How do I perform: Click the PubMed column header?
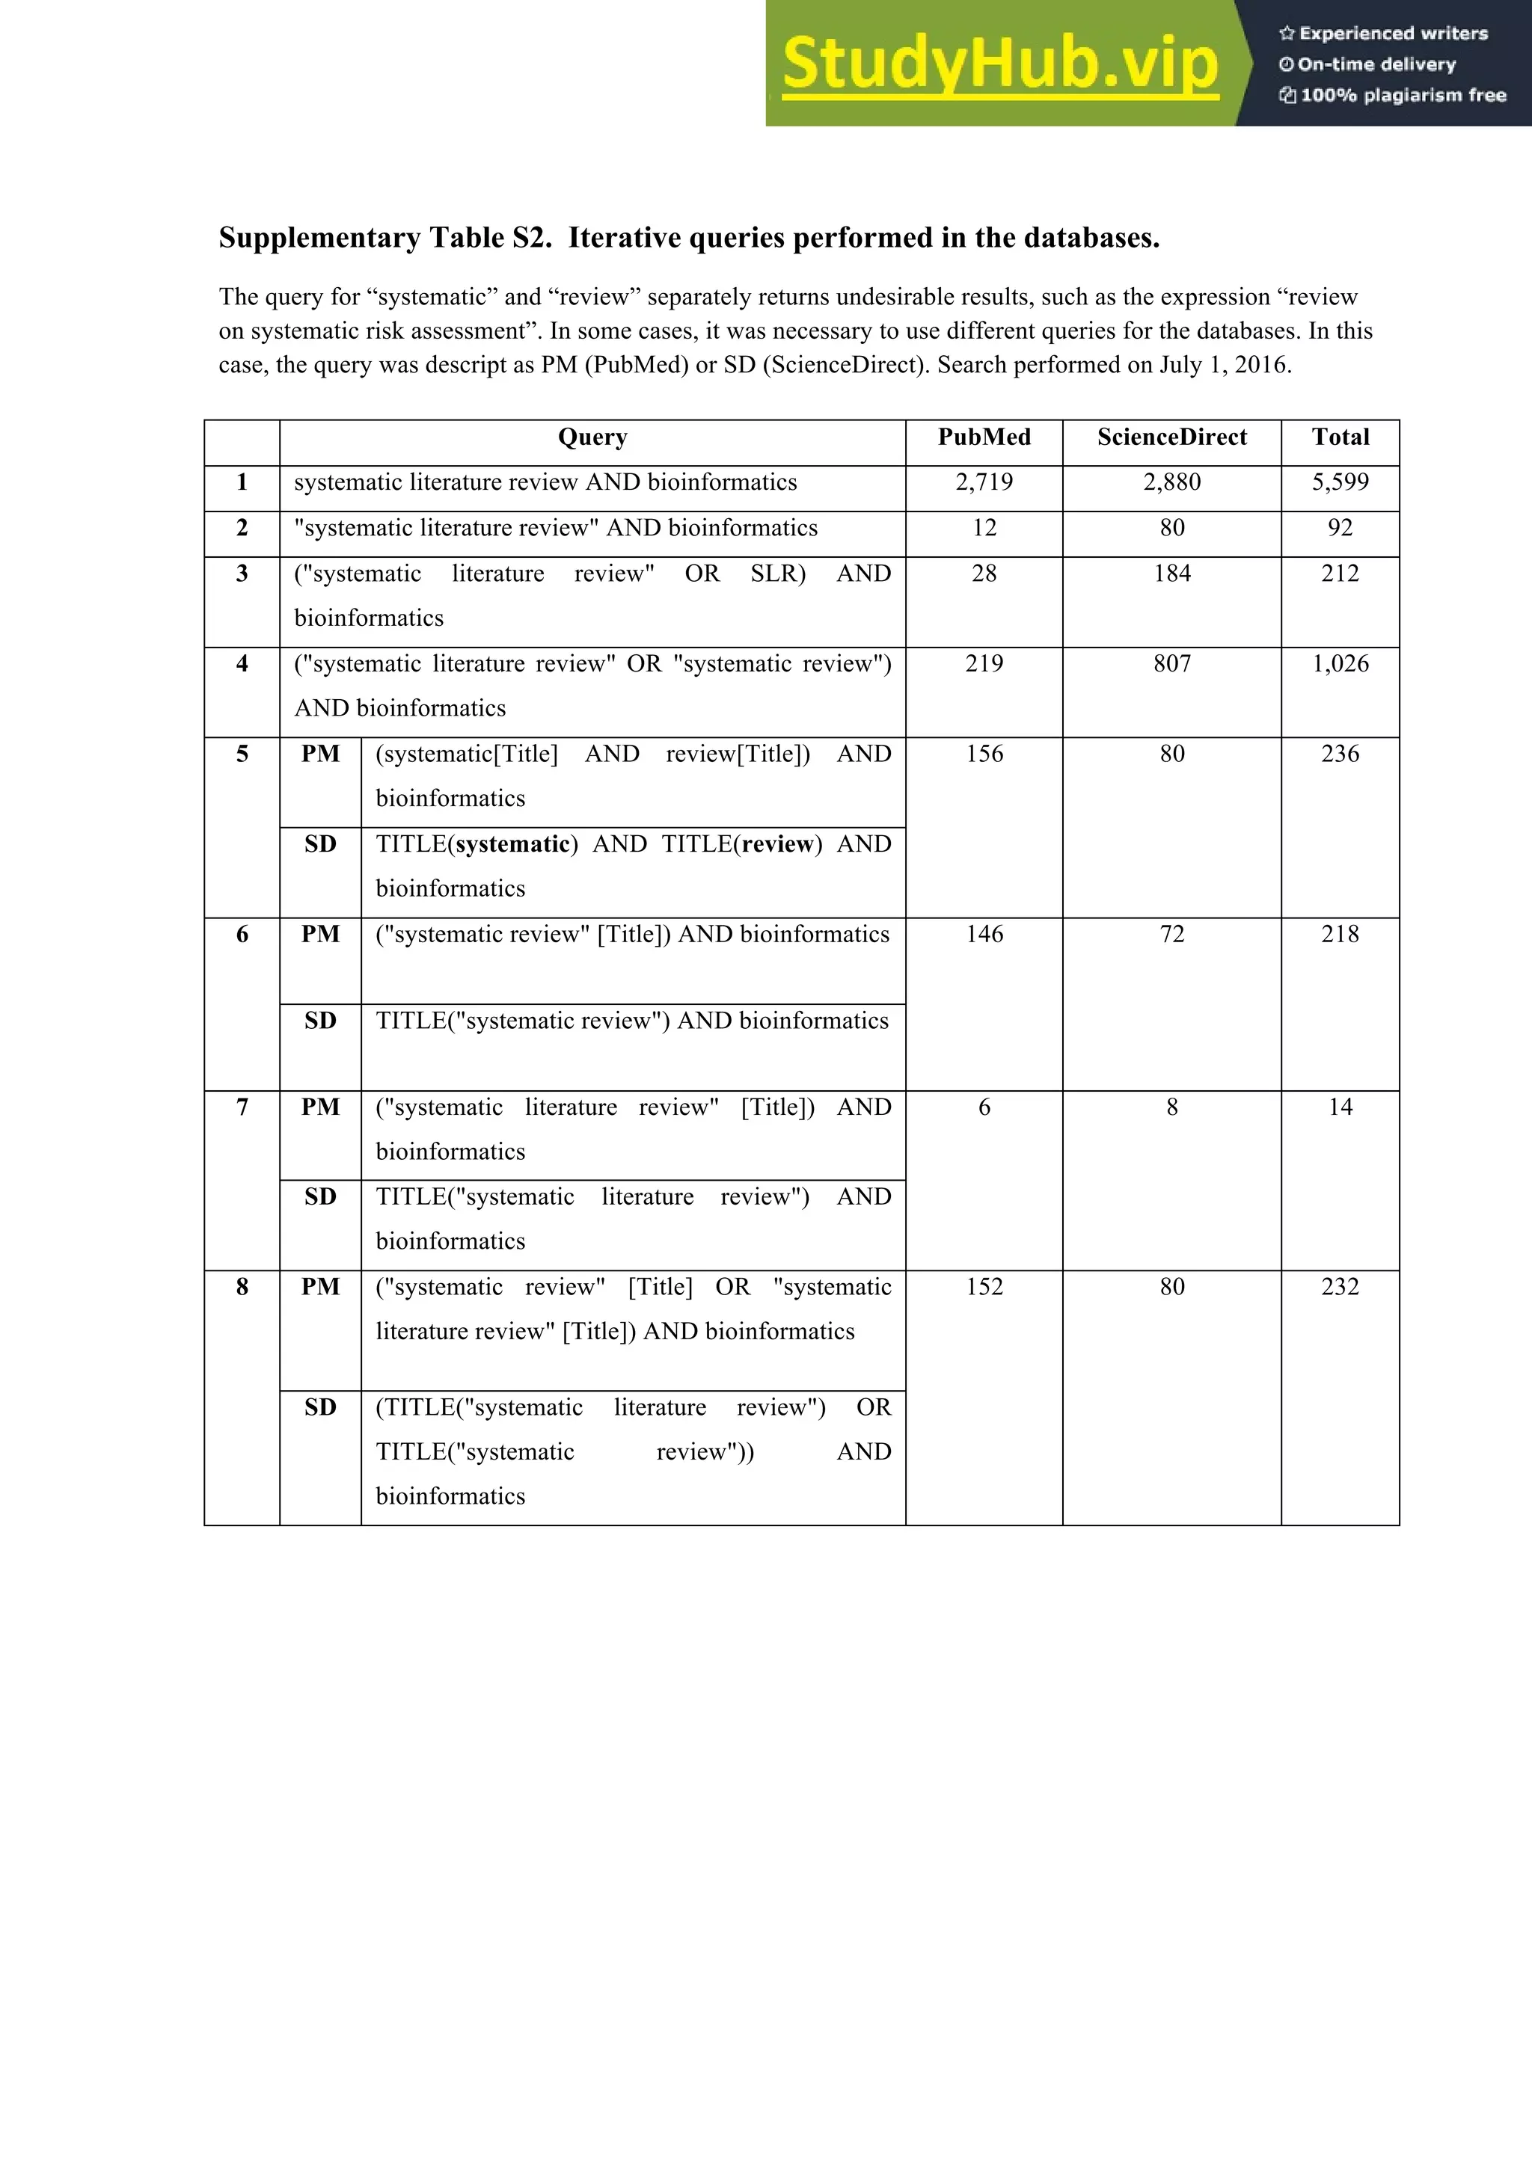coord(984,437)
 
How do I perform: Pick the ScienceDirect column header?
coord(1171,437)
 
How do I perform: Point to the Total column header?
coord(1340,437)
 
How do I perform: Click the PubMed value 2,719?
coord(984,482)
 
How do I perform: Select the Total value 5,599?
coord(1340,482)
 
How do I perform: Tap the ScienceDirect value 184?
coord(1171,574)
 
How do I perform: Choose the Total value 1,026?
coord(1340,663)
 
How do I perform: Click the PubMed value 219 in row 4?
coord(984,663)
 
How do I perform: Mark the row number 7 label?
coord(242,1107)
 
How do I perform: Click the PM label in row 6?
coord(320,935)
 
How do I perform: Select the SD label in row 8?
coord(320,1407)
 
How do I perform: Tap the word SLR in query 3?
coord(777,574)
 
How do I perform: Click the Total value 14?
coord(1340,1107)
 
